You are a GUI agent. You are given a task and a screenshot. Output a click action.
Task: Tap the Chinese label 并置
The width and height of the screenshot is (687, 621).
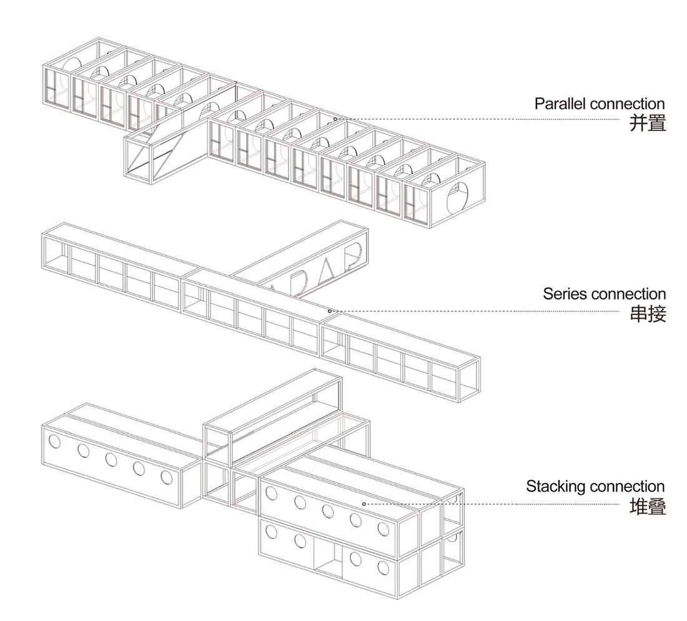pyautogui.click(x=648, y=123)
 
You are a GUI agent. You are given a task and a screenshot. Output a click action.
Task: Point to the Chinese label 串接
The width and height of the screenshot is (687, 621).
pyautogui.click(x=648, y=314)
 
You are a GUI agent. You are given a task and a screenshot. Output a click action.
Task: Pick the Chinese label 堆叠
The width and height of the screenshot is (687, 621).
pyautogui.click(x=648, y=506)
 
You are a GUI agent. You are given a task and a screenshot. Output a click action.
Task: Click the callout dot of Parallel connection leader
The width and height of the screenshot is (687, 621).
pyautogui.click(x=335, y=119)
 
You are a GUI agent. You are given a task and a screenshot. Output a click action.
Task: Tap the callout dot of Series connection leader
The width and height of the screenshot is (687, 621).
pyautogui.click(x=330, y=310)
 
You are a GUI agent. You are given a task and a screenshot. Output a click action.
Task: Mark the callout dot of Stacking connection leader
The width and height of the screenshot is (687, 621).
pyautogui.click(x=363, y=503)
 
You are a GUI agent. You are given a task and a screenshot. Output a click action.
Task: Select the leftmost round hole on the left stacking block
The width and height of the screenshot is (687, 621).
pyautogui.click(x=55, y=442)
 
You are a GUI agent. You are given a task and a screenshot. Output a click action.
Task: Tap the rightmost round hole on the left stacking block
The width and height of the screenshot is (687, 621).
pyautogui.click(x=167, y=477)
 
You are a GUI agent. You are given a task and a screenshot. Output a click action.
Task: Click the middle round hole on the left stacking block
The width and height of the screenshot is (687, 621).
pyautogui.click(x=111, y=460)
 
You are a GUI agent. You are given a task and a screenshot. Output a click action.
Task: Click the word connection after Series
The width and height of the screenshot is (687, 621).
pyautogui.click(x=628, y=294)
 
